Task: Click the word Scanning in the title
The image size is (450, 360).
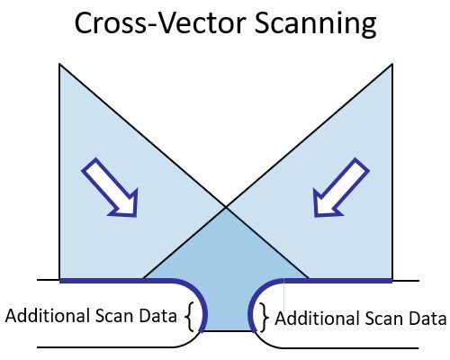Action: click(315, 24)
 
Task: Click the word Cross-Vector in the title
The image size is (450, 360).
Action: click(160, 22)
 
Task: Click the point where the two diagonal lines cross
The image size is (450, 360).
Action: click(226, 207)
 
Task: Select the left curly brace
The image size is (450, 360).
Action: click(188, 316)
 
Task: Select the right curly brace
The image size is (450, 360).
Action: click(264, 318)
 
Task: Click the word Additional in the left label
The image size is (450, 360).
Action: click(49, 316)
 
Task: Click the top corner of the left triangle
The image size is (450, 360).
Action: click(59, 64)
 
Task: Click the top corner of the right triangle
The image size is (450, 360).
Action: click(392, 64)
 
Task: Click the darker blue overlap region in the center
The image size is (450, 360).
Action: click(226, 270)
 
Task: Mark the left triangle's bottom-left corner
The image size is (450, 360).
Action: click(59, 280)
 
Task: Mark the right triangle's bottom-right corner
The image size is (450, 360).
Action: click(392, 280)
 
